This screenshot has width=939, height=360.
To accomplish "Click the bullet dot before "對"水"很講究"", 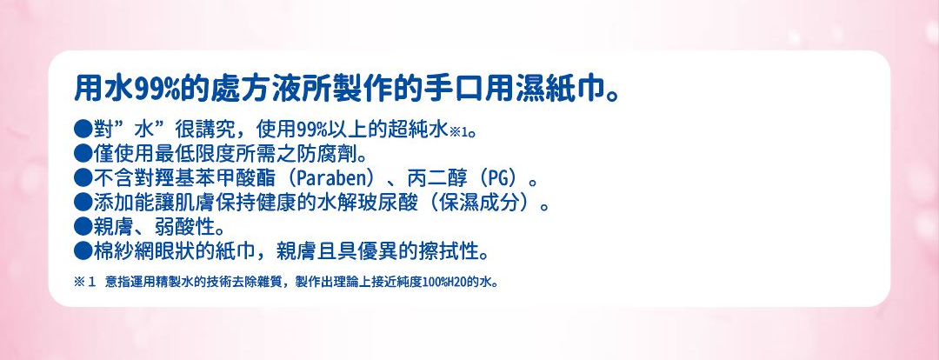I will [x=83, y=132].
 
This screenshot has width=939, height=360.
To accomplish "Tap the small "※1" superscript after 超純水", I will [x=460, y=134].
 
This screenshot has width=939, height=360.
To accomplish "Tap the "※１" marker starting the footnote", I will [x=83, y=283].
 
